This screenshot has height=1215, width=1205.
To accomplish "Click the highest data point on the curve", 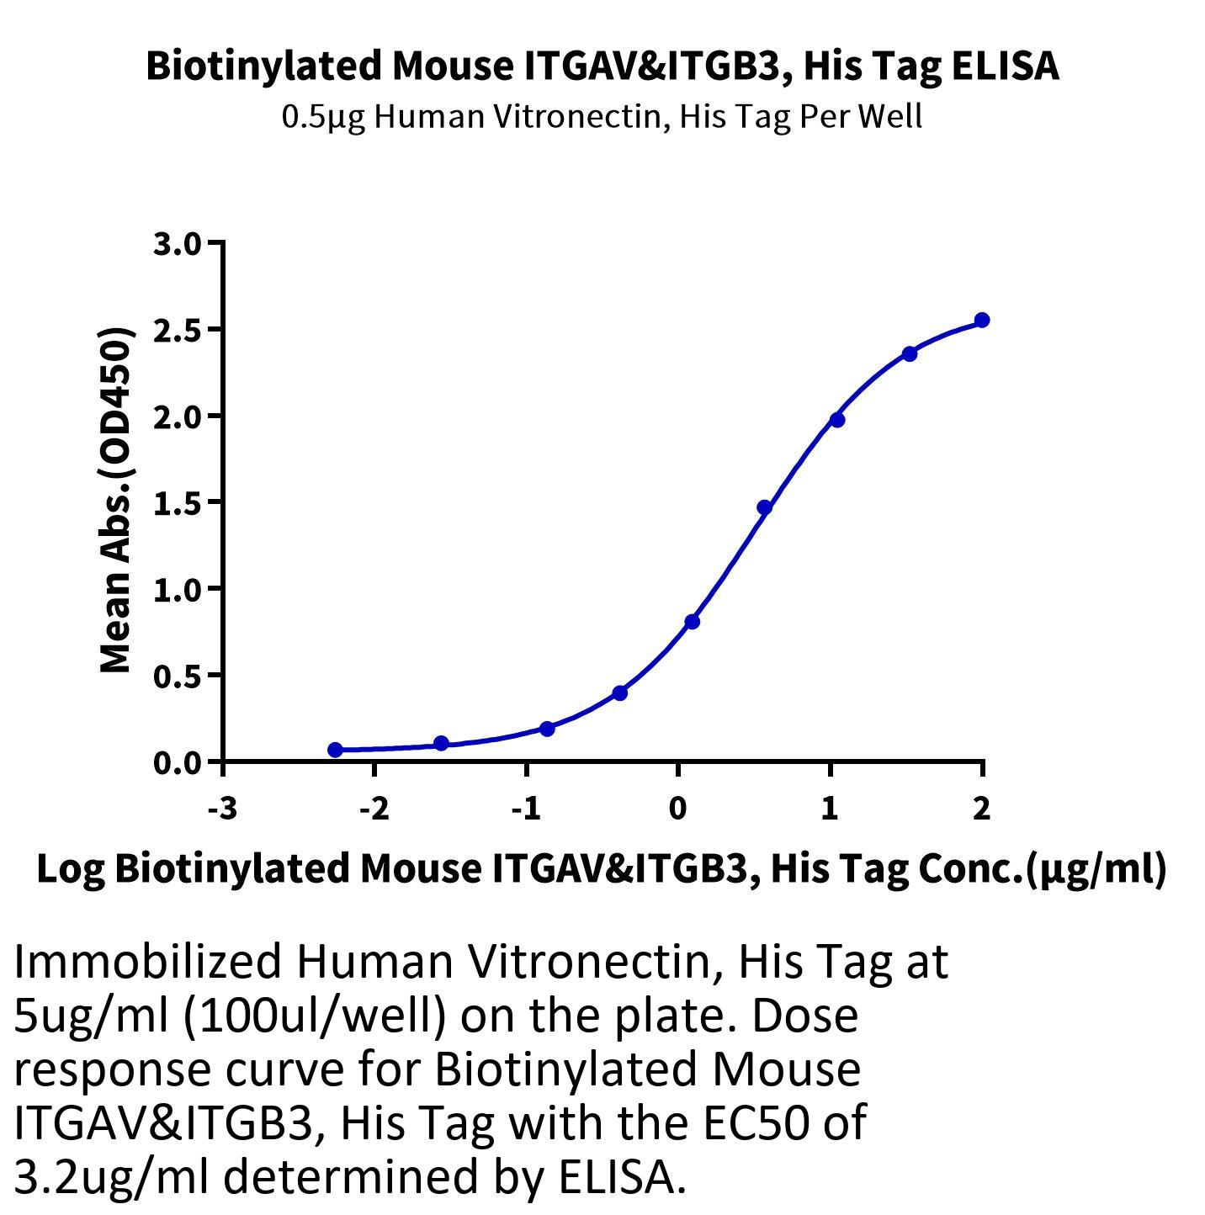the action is (981, 321).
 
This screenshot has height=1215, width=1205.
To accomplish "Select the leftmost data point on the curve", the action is (336, 750).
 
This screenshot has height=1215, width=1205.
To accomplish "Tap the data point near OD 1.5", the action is (764, 507).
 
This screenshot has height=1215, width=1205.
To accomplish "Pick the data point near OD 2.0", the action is (836, 420).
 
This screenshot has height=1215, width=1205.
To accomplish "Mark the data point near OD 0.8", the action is (692, 622).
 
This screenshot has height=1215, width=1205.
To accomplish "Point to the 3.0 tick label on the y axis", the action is (178, 244).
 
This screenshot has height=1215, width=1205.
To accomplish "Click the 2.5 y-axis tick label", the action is (178, 331).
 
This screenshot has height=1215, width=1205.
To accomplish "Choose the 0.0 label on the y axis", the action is (178, 763).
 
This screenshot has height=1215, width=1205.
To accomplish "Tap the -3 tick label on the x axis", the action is (223, 809).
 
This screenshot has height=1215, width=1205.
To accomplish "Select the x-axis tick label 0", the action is (677, 809).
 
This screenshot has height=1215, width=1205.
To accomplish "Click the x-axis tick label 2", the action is (981, 809).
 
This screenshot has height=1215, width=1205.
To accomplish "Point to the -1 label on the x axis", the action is (526, 809).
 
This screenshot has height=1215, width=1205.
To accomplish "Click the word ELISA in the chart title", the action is (1005, 66).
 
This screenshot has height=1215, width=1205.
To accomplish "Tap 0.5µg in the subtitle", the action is (323, 118).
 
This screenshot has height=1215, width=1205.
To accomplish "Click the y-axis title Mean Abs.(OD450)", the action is (116, 500).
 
